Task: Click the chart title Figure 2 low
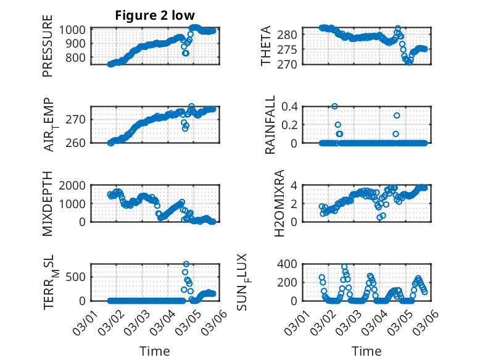pyautogui.click(x=154, y=16)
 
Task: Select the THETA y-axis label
pyautogui.click(x=266, y=47)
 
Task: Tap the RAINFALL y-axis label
pyautogui.click(x=270, y=126)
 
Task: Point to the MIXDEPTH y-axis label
pyautogui.click(x=48, y=204)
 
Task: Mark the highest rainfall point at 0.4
pyautogui.click(x=335, y=106)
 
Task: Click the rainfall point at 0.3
pyautogui.click(x=397, y=115)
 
